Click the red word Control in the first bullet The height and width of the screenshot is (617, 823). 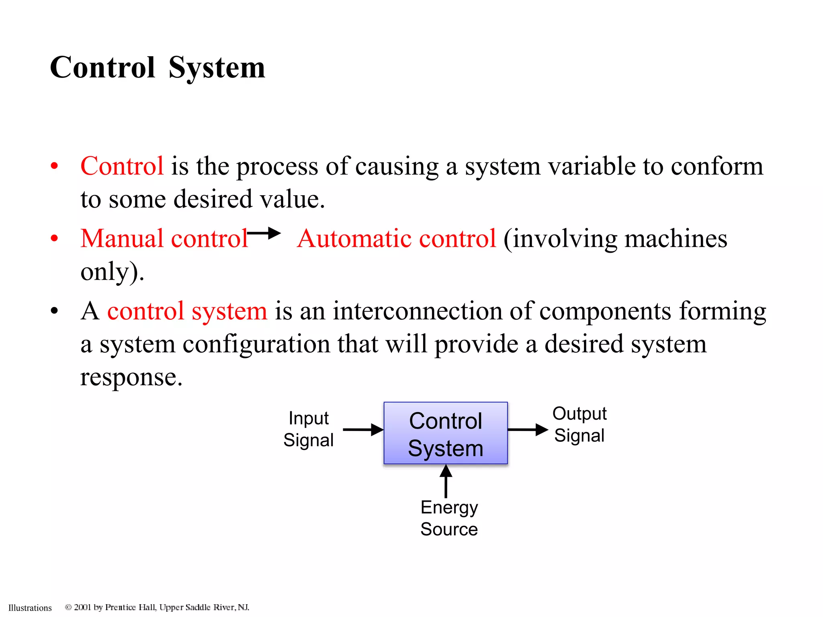[122, 166]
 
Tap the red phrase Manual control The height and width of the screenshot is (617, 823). [164, 239]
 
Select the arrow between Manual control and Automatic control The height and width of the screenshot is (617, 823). [264, 233]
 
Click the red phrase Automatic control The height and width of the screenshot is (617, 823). [397, 239]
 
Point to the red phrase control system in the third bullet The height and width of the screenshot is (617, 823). [187, 311]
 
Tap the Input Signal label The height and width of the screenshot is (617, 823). [308, 429]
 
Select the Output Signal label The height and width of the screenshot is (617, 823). [579, 424]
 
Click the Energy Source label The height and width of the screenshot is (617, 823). [449, 518]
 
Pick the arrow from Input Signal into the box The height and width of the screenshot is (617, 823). [363, 430]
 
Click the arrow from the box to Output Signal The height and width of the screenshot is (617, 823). [528, 430]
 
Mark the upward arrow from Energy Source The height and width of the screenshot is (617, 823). [446, 481]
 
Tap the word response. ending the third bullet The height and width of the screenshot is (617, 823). [131, 377]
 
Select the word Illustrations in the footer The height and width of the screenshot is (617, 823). [30, 608]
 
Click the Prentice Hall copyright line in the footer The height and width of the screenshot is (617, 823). [157, 607]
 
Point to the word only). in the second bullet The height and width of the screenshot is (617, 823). [112, 272]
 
